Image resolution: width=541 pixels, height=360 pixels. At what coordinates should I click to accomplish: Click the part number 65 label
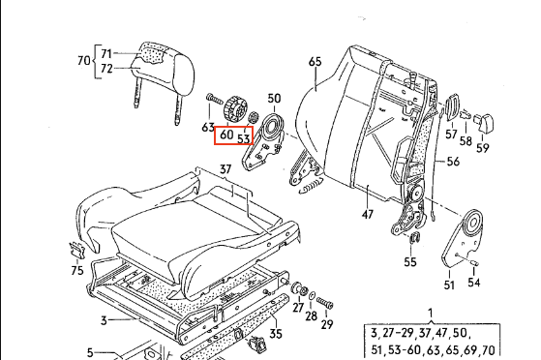coord(315,61)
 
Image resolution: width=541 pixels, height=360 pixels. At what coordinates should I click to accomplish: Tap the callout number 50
coord(274,99)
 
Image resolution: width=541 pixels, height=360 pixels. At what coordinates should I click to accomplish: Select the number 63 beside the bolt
coord(208,128)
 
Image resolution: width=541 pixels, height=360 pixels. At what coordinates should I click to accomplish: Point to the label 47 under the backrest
coord(368,214)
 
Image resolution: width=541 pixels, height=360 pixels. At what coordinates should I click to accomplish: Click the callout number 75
coord(77,270)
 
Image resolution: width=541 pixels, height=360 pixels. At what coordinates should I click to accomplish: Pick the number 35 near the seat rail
coord(276,334)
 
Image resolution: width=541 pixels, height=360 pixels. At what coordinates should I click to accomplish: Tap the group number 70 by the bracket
coord(83,61)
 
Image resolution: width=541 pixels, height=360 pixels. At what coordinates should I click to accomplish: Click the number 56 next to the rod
coord(453,162)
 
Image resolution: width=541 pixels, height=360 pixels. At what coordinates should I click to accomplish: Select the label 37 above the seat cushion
coord(225,169)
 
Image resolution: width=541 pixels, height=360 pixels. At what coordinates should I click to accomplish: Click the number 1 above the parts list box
coord(431,313)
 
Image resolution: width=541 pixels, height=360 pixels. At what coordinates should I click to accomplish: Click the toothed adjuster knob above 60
coord(234,109)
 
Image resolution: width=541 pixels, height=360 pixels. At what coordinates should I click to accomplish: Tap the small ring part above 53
coord(254,117)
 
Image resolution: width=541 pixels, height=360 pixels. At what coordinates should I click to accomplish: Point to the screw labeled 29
coord(325,303)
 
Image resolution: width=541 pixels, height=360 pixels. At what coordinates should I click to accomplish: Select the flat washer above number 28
coord(312,296)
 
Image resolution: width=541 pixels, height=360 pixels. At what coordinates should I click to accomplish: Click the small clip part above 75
coord(77,250)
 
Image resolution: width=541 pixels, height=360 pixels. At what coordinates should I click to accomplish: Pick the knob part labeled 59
coord(484,122)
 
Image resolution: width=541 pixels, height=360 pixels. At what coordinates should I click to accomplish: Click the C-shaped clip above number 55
coord(414,238)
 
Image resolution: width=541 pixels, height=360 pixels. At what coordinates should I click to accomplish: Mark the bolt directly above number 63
coord(215,99)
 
